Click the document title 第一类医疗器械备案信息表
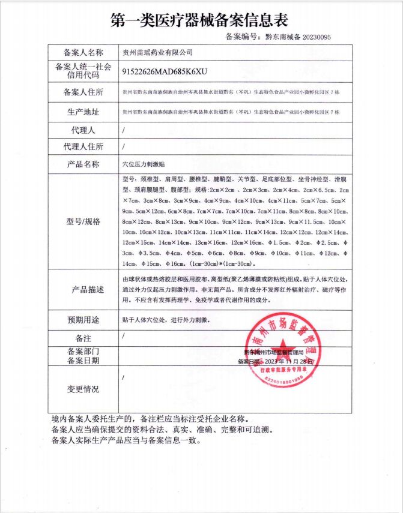tap(201, 20)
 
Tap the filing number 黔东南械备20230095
tap(298, 37)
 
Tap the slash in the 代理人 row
tap(123, 130)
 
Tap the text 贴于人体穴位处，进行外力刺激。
tap(166, 319)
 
